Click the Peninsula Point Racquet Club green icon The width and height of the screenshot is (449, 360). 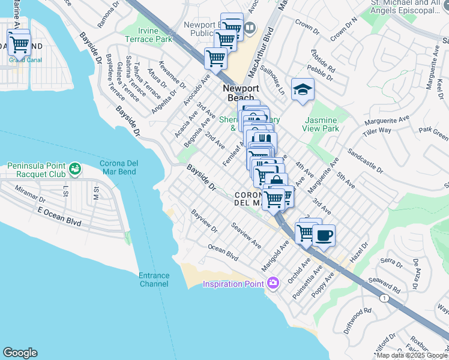point(75,169)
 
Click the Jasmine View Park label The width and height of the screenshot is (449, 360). point(322,124)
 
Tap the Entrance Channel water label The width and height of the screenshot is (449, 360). point(154,280)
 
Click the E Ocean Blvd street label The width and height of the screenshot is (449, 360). point(58,216)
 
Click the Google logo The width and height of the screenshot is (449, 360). point(20,353)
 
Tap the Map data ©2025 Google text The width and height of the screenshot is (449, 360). point(412,355)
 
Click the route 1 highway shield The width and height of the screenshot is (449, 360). point(384,298)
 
